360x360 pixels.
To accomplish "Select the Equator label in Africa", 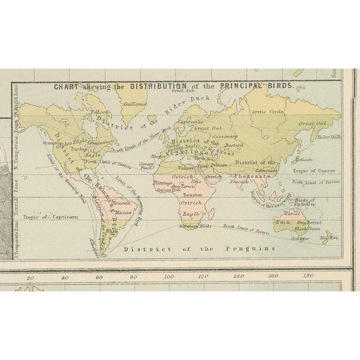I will (x=192, y=194).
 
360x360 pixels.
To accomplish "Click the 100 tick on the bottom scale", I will (x=168, y=277).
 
